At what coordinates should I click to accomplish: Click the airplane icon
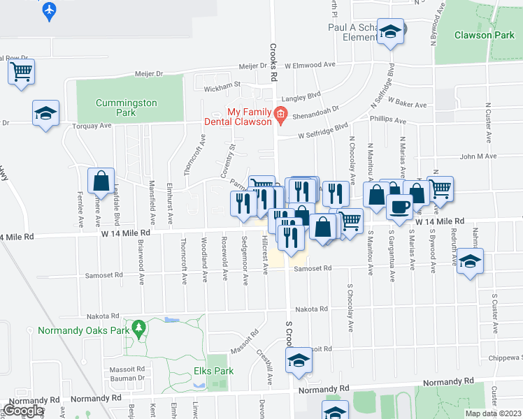(48, 10)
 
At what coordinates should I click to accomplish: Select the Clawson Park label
(483, 35)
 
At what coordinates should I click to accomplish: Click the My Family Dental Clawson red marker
(280, 113)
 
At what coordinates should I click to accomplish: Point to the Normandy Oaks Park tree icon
(138, 327)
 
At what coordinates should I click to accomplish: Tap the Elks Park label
(213, 372)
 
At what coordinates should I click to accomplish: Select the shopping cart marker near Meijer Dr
(22, 71)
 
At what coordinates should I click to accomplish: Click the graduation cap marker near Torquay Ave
(45, 113)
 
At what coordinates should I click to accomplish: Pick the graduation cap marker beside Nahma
(471, 261)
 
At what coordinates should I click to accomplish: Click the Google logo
(23, 411)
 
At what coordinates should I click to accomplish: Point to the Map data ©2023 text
(494, 413)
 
